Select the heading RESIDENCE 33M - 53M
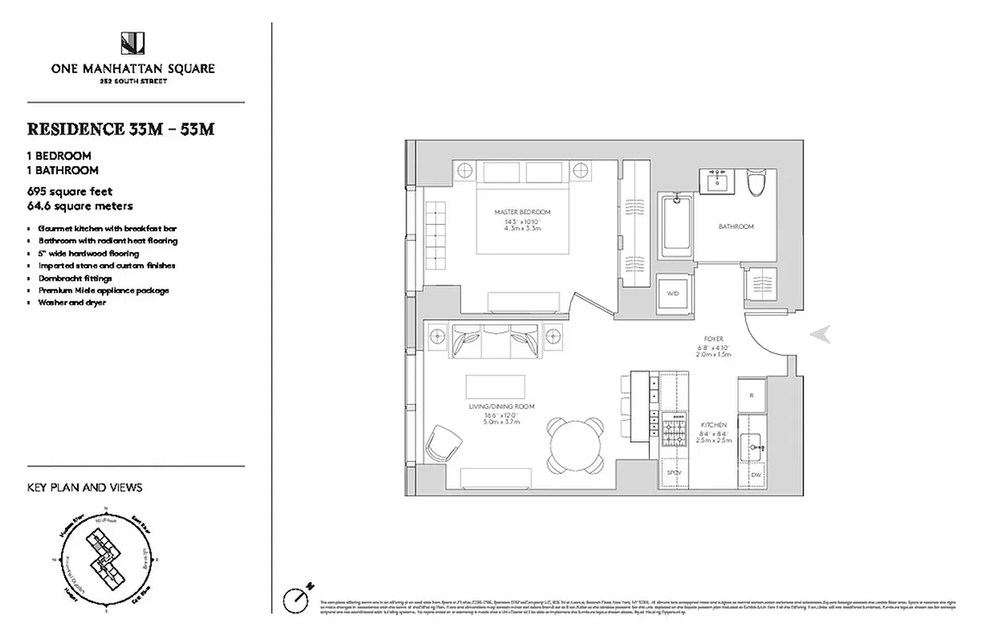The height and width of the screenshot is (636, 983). tap(121, 130)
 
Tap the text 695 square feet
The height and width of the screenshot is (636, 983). tap(70, 192)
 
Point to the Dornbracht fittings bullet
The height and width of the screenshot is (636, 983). tap(75, 278)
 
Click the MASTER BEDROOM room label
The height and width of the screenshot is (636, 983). tap(522, 212)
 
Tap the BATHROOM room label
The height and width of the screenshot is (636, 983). tap(736, 227)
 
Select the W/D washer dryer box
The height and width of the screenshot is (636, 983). tap(673, 293)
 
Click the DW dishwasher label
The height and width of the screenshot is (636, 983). tap(755, 475)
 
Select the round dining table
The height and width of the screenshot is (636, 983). tap(576, 445)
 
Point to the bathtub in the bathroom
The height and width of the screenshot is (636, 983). tap(677, 227)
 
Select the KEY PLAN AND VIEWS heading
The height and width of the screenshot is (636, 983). tap(85, 487)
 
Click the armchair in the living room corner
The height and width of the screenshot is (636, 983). tap(443, 442)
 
